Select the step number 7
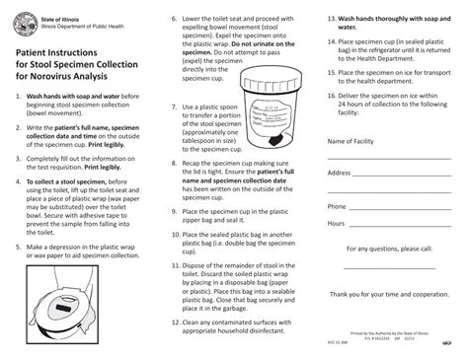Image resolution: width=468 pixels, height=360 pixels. pos(175,105)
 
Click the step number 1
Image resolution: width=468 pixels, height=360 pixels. pos(18,96)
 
